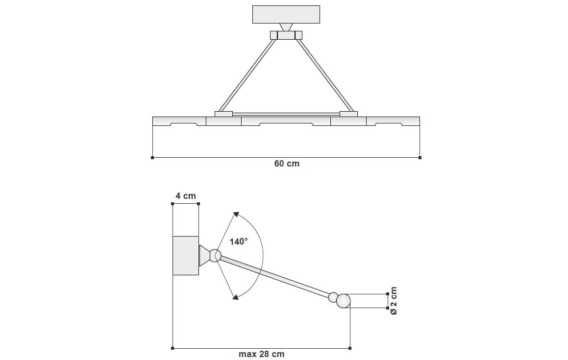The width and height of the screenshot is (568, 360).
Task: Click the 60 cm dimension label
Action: pos(286,164)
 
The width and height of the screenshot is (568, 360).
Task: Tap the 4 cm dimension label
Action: pos(186,196)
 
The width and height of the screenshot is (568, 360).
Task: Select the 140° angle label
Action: pos(239,241)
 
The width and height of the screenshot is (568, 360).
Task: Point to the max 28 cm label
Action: pos(261,354)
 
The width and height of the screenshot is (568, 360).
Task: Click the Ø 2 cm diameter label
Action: pos(394,301)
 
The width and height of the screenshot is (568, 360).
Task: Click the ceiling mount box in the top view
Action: pos(286,14)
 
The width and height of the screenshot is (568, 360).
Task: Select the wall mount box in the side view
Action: pos(186,255)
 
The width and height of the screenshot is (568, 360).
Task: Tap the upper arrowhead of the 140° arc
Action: pos(236,214)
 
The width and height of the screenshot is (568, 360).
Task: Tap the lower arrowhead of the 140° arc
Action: pos(236,297)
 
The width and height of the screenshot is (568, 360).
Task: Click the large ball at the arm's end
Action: pos(344,301)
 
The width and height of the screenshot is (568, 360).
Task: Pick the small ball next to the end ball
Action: pos(333,297)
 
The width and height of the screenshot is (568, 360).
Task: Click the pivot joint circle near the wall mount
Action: pos(215,255)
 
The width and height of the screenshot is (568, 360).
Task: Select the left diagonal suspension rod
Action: pos(248,75)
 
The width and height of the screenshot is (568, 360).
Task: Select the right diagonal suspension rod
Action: pos(324,75)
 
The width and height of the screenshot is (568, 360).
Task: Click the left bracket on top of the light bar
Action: pos(223,114)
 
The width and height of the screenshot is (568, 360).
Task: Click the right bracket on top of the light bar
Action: pos(348,114)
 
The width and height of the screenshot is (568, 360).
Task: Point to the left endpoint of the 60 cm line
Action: pos(152,158)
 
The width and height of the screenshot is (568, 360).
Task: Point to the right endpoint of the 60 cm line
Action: pos(420,158)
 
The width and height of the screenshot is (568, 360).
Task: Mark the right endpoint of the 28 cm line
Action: pos(350,348)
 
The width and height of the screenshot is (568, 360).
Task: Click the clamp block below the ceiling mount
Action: pos(286,35)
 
